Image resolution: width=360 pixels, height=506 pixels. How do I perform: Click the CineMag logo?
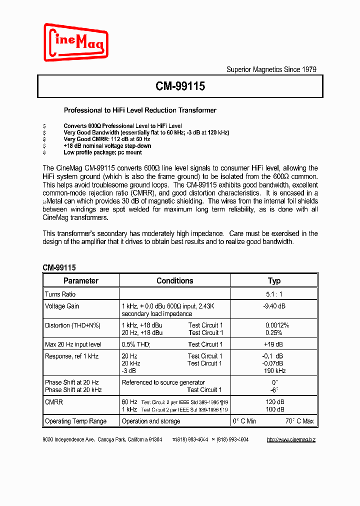click(76, 42)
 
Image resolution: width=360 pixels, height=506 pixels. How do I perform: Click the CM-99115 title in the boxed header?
click(180, 86)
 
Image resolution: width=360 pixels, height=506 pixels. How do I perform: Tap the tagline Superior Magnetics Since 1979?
click(271, 69)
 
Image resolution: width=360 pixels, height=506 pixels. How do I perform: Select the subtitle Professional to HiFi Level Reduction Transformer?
click(140, 110)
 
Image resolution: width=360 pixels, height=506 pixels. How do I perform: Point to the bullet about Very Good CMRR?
click(107, 139)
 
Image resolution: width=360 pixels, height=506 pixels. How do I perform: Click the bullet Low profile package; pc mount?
click(102, 152)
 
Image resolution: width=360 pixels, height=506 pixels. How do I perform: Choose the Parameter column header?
click(81, 280)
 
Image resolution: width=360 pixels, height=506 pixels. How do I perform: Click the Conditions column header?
click(174, 280)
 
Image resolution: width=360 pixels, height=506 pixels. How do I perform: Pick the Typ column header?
click(274, 280)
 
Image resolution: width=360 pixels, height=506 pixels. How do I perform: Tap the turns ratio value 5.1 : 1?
click(274, 294)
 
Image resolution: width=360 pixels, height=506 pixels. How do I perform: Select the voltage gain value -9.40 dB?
click(274, 306)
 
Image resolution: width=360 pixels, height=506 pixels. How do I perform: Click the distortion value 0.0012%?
click(277, 325)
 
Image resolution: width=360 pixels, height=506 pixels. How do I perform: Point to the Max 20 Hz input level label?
click(73, 344)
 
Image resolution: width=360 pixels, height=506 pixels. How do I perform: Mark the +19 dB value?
click(273, 344)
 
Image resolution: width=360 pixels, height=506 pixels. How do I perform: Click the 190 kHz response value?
click(274, 371)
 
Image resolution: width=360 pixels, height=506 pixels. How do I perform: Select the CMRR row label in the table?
click(54, 402)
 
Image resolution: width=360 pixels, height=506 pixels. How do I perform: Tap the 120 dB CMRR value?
click(274, 402)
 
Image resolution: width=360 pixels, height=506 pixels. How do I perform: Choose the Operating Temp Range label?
click(75, 421)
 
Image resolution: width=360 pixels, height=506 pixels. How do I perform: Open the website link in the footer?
click(291, 439)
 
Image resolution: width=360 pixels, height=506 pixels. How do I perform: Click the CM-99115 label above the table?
click(59, 267)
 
